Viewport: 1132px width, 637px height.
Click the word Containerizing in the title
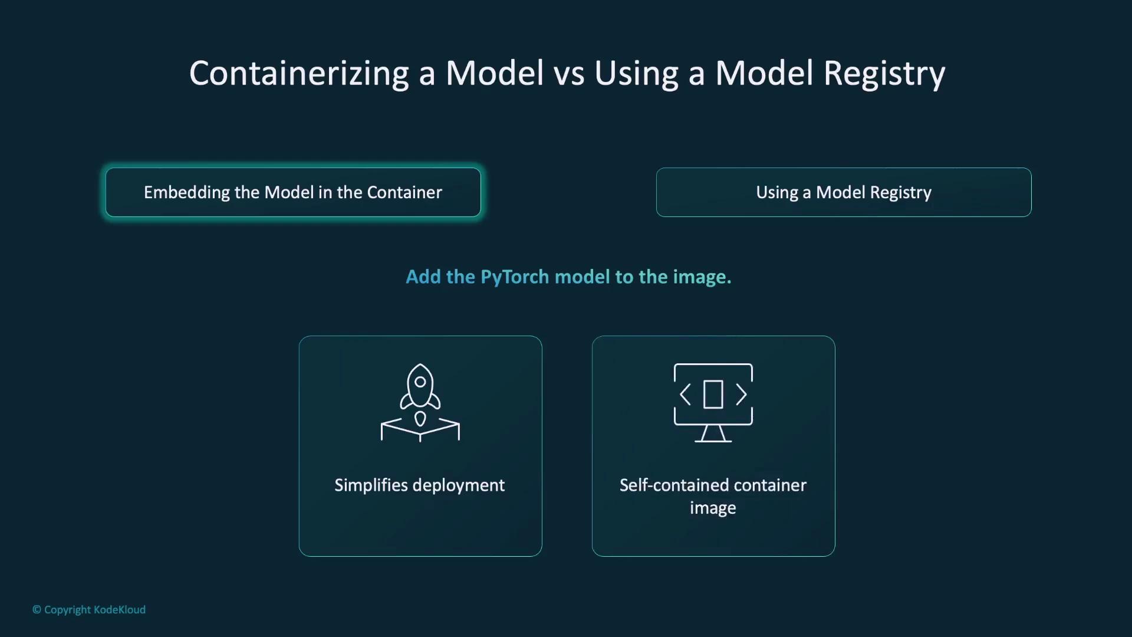coord(299,74)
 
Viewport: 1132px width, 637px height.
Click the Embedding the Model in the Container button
coord(293,192)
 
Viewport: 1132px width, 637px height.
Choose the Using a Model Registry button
coord(844,192)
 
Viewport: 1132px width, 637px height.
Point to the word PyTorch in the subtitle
coord(515,277)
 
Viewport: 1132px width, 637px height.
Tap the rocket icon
coord(420,403)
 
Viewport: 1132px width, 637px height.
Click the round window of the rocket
coord(420,382)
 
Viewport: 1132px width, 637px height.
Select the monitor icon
coord(713,403)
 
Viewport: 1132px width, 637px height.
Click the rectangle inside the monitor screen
coord(713,395)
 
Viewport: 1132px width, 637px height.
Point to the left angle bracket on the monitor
coord(685,395)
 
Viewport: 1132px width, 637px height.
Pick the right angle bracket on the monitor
coord(742,395)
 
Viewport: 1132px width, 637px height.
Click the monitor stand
coord(713,434)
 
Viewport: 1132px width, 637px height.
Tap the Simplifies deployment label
coord(420,485)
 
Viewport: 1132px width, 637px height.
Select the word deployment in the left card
coord(459,486)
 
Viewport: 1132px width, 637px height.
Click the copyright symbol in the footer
coord(37,610)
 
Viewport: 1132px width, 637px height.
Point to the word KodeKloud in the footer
coord(120,610)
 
